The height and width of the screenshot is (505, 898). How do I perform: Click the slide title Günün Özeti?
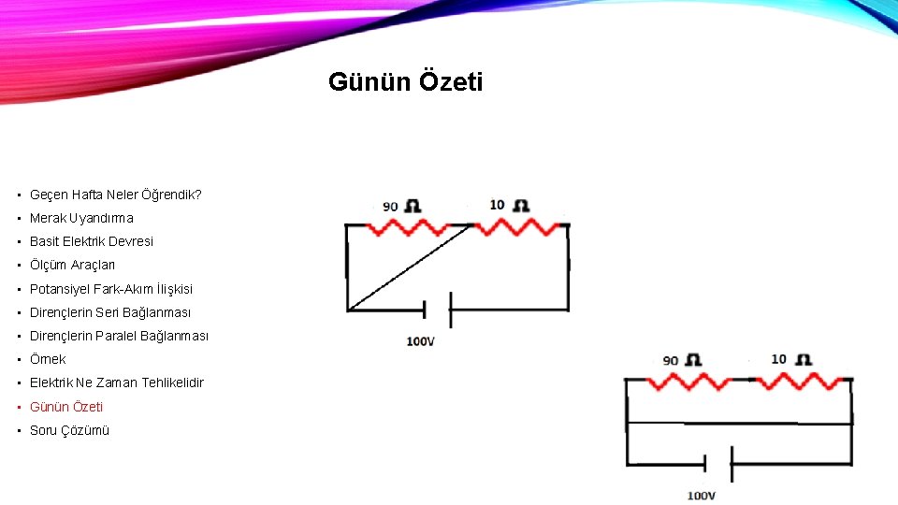405,82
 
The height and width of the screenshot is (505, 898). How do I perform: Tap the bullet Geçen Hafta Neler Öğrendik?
115,195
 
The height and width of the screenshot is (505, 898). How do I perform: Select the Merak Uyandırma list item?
81,218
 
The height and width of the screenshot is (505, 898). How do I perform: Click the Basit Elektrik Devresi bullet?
92,241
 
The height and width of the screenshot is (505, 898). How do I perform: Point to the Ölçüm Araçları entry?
73,265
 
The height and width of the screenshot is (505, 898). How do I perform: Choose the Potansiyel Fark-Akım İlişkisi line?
111,289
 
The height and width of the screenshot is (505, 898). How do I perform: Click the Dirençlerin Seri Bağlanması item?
110,312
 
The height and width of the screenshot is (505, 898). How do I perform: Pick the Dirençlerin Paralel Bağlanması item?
119,336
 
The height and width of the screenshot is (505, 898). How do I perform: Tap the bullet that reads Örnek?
48,359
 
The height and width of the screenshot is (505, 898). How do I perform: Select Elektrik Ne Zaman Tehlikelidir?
116,382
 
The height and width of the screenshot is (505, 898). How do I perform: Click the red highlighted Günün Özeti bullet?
66,407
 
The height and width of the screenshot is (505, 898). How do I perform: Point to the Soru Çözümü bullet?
69,430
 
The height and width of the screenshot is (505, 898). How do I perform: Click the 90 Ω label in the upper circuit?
400,206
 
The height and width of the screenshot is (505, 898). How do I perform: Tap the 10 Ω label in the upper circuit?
509,205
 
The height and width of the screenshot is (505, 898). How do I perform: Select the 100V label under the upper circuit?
420,341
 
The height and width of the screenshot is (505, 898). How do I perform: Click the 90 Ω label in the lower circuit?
682,360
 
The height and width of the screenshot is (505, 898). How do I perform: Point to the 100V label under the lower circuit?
701,495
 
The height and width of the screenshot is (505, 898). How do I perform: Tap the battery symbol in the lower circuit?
717,463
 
